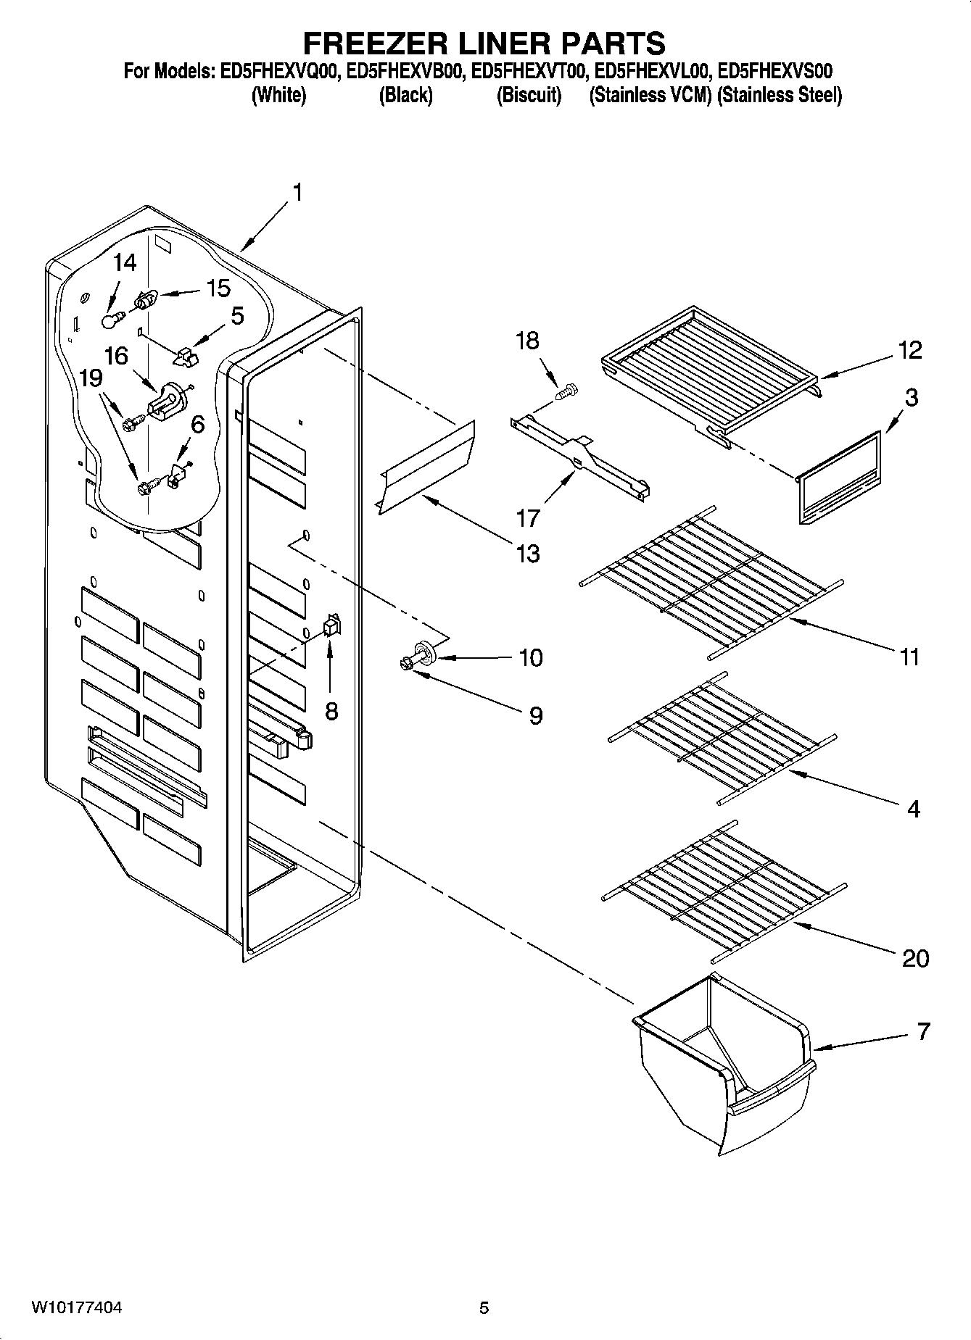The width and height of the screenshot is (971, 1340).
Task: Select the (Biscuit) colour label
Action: pyautogui.click(x=529, y=95)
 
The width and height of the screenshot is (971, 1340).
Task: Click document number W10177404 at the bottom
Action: pyautogui.click(x=76, y=1307)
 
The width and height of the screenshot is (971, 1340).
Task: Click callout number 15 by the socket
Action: pyautogui.click(x=218, y=288)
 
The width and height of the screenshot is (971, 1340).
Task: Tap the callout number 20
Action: pyautogui.click(x=915, y=958)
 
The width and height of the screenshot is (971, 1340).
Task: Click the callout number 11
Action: pyautogui.click(x=909, y=657)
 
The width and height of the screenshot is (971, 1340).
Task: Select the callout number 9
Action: pyautogui.click(x=535, y=715)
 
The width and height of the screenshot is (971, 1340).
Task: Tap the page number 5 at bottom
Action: pyautogui.click(x=484, y=1307)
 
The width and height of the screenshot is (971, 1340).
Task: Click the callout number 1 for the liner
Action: pyautogui.click(x=297, y=193)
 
